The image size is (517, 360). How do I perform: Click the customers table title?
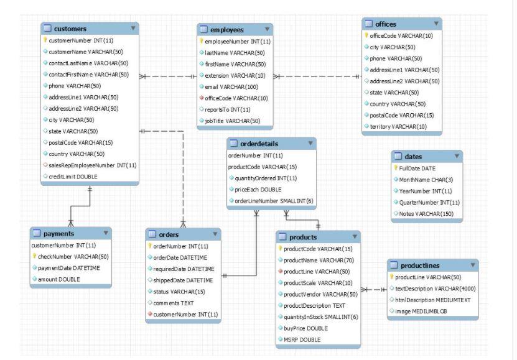click(70, 29)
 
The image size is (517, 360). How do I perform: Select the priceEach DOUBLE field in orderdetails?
click(255, 188)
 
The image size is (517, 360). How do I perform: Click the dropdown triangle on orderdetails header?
click(310, 144)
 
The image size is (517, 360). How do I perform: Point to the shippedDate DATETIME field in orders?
click(182, 280)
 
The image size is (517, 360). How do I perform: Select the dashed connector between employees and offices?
click(317, 77)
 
